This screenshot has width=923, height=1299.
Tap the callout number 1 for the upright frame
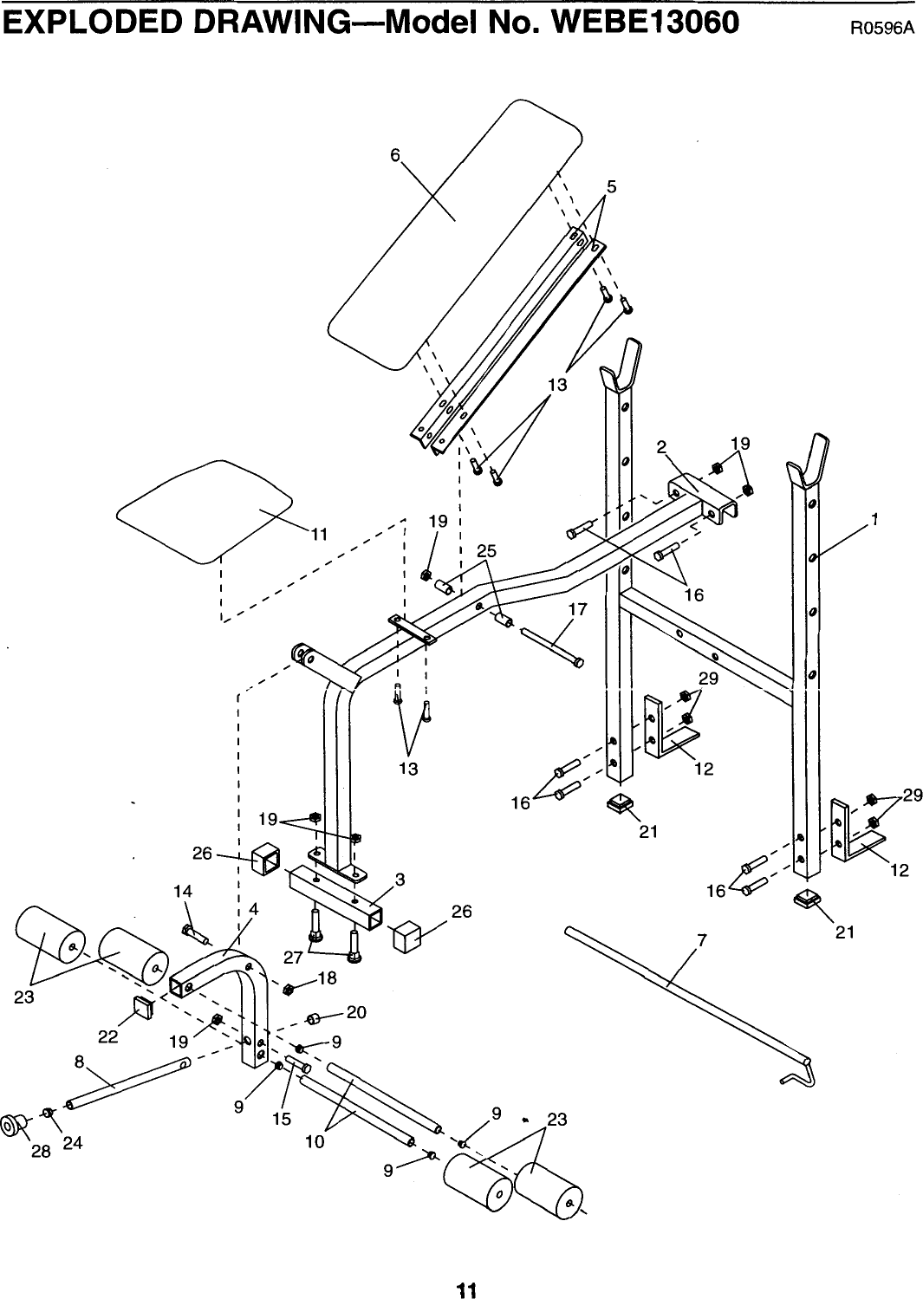click(876, 520)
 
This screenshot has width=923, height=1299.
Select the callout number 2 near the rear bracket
click(662, 447)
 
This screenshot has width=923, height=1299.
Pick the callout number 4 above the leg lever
click(253, 909)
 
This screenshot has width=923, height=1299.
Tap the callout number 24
click(73, 1142)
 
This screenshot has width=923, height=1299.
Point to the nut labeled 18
click(289, 989)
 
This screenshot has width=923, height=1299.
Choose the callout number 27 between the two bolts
click(293, 958)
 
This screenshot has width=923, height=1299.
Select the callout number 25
click(487, 551)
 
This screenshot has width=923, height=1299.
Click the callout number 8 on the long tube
click(79, 1060)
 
